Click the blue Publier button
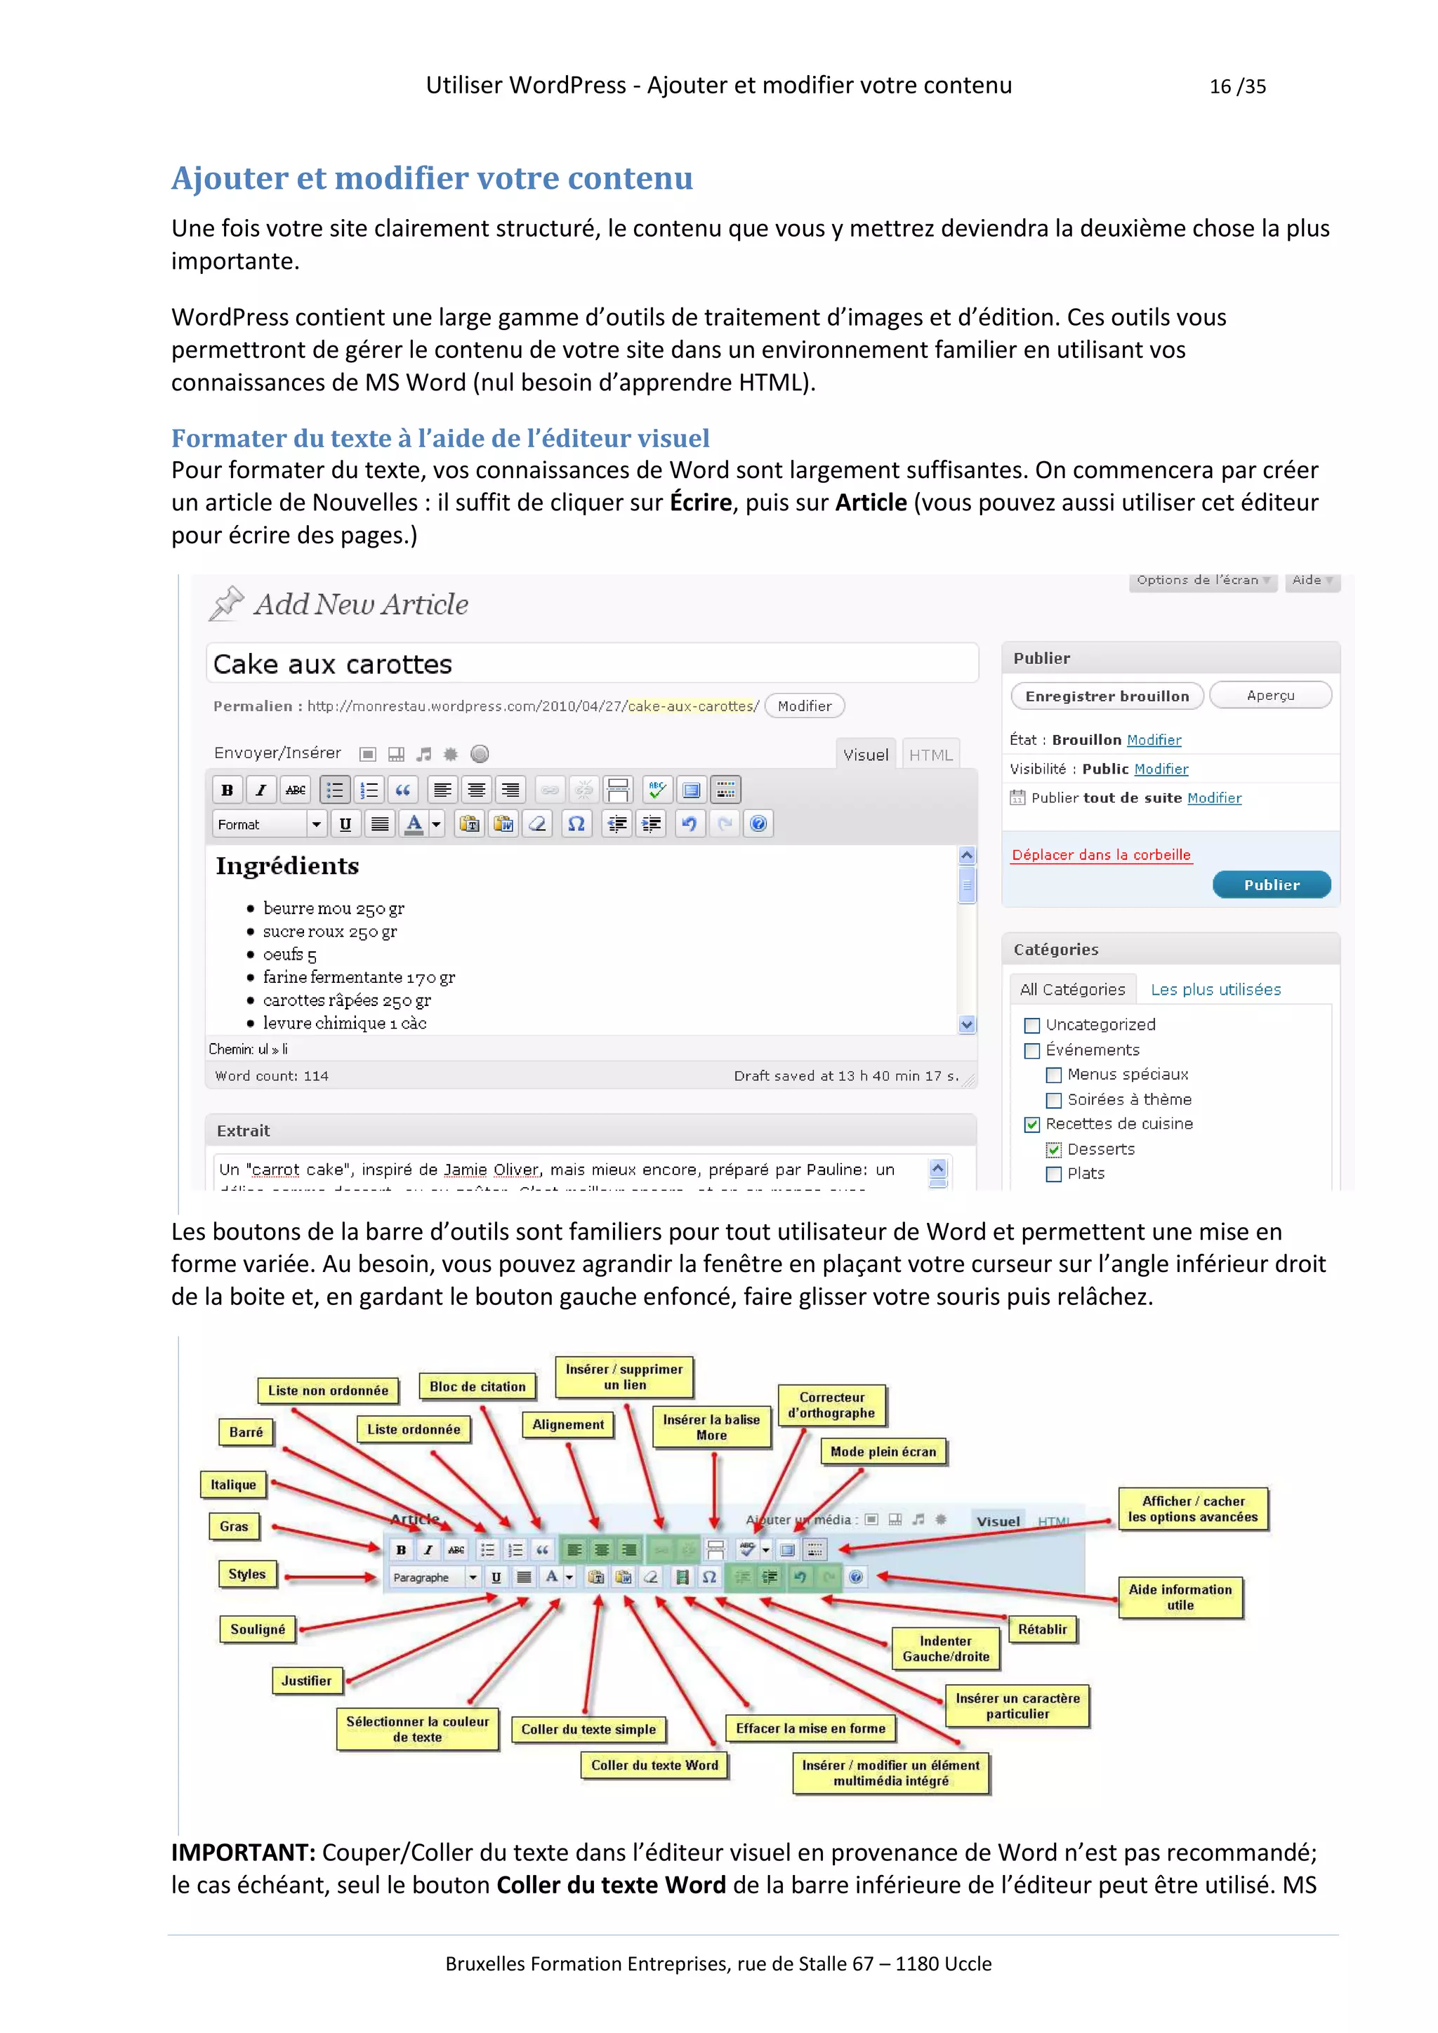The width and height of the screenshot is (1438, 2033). coord(1271,885)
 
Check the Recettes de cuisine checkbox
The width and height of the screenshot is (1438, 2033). coord(1031,1125)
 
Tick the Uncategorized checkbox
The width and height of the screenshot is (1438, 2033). coord(1031,1026)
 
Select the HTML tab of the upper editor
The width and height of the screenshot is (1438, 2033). coord(930,755)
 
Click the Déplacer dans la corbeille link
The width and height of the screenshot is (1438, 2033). coord(1101,854)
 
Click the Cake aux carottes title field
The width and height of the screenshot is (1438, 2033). coord(591,664)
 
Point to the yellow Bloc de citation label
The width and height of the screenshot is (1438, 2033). coord(477,1386)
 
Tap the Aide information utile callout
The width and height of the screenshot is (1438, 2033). coord(1180,1596)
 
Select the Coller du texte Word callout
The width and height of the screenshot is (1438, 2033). coord(654,1765)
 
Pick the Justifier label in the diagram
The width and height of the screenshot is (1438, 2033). coord(306,1680)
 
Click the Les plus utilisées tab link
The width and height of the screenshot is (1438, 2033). coord(1215,989)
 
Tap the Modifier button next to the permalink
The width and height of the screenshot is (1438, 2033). coord(804,706)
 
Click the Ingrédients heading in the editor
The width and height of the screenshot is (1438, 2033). coord(288,866)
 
